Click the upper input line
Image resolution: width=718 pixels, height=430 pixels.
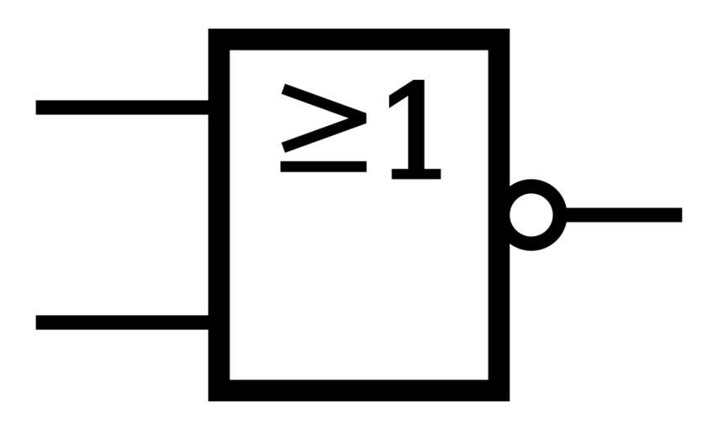coord(123,107)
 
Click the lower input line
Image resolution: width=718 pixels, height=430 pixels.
coord(123,322)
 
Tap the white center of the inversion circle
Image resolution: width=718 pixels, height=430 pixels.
coord(532,215)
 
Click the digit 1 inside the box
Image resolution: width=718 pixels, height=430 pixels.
coord(414,131)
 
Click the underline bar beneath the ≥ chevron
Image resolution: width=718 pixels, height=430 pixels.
coord(324,166)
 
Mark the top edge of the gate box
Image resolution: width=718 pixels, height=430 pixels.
coord(359,39)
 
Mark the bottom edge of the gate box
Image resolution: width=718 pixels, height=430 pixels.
coord(359,391)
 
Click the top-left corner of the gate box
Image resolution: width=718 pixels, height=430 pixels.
coord(219,39)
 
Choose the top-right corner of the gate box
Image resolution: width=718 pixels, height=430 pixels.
coord(499,39)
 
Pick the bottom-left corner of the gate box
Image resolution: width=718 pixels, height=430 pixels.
coord(219,391)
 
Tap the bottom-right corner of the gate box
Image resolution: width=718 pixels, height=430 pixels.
coord(499,391)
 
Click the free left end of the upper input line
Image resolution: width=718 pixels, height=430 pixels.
coord(39,107)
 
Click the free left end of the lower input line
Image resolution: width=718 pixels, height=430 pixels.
coord(39,322)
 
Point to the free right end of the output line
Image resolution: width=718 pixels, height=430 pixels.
coord(678,215)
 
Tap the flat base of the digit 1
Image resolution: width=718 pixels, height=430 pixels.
coord(414,175)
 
